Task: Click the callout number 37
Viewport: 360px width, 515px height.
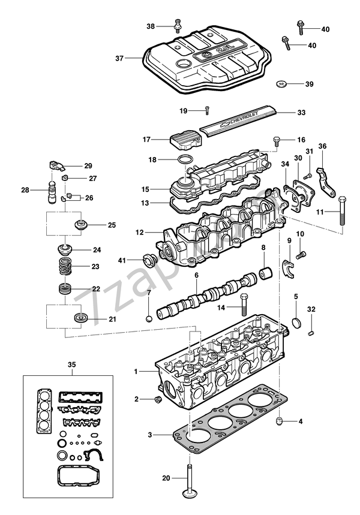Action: click(119, 58)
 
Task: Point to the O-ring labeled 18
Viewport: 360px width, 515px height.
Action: click(187, 160)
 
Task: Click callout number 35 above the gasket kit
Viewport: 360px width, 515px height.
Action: click(71, 365)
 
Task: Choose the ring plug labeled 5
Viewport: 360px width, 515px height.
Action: click(296, 325)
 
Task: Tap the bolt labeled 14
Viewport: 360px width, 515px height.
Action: click(244, 306)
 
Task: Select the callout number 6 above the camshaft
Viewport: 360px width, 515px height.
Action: click(196, 275)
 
